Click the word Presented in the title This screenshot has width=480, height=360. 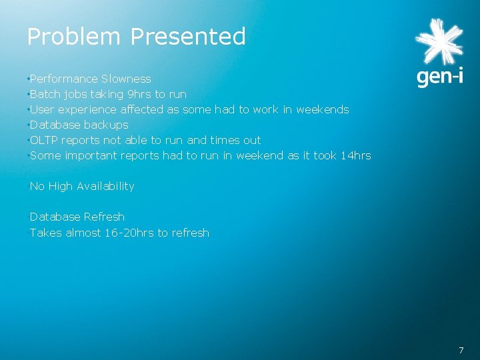pos(188,37)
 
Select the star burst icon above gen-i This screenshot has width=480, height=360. pos(438,42)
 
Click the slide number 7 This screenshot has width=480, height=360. pos(461,350)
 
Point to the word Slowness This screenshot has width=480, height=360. pos(126,79)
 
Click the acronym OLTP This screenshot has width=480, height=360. pos(43,140)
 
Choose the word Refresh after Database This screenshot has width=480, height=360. pos(104,217)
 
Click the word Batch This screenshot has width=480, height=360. pos(45,94)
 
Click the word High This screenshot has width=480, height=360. pos(60,186)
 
